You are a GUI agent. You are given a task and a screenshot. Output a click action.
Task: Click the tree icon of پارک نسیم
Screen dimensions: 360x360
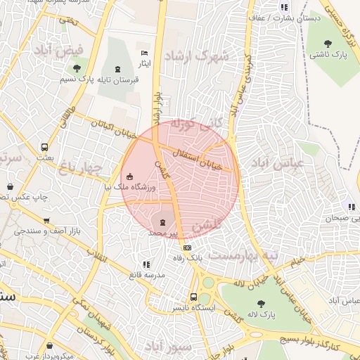click(77, 68)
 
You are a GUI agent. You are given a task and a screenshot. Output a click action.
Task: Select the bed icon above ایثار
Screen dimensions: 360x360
click(144, 53)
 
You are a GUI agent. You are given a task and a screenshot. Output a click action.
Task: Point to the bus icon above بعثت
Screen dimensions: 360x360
click(45, 148)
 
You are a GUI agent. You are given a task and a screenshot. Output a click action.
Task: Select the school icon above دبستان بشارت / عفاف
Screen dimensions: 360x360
click(284, 7)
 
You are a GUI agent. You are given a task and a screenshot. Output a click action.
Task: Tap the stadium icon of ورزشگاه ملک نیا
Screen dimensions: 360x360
click(129, 176)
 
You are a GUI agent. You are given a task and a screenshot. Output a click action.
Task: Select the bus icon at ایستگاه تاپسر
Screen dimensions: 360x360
click(193, 297)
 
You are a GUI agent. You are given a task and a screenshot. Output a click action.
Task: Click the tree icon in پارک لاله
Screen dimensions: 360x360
click(261, 304)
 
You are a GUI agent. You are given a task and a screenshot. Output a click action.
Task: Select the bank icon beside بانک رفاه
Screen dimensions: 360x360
click(187, 247)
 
